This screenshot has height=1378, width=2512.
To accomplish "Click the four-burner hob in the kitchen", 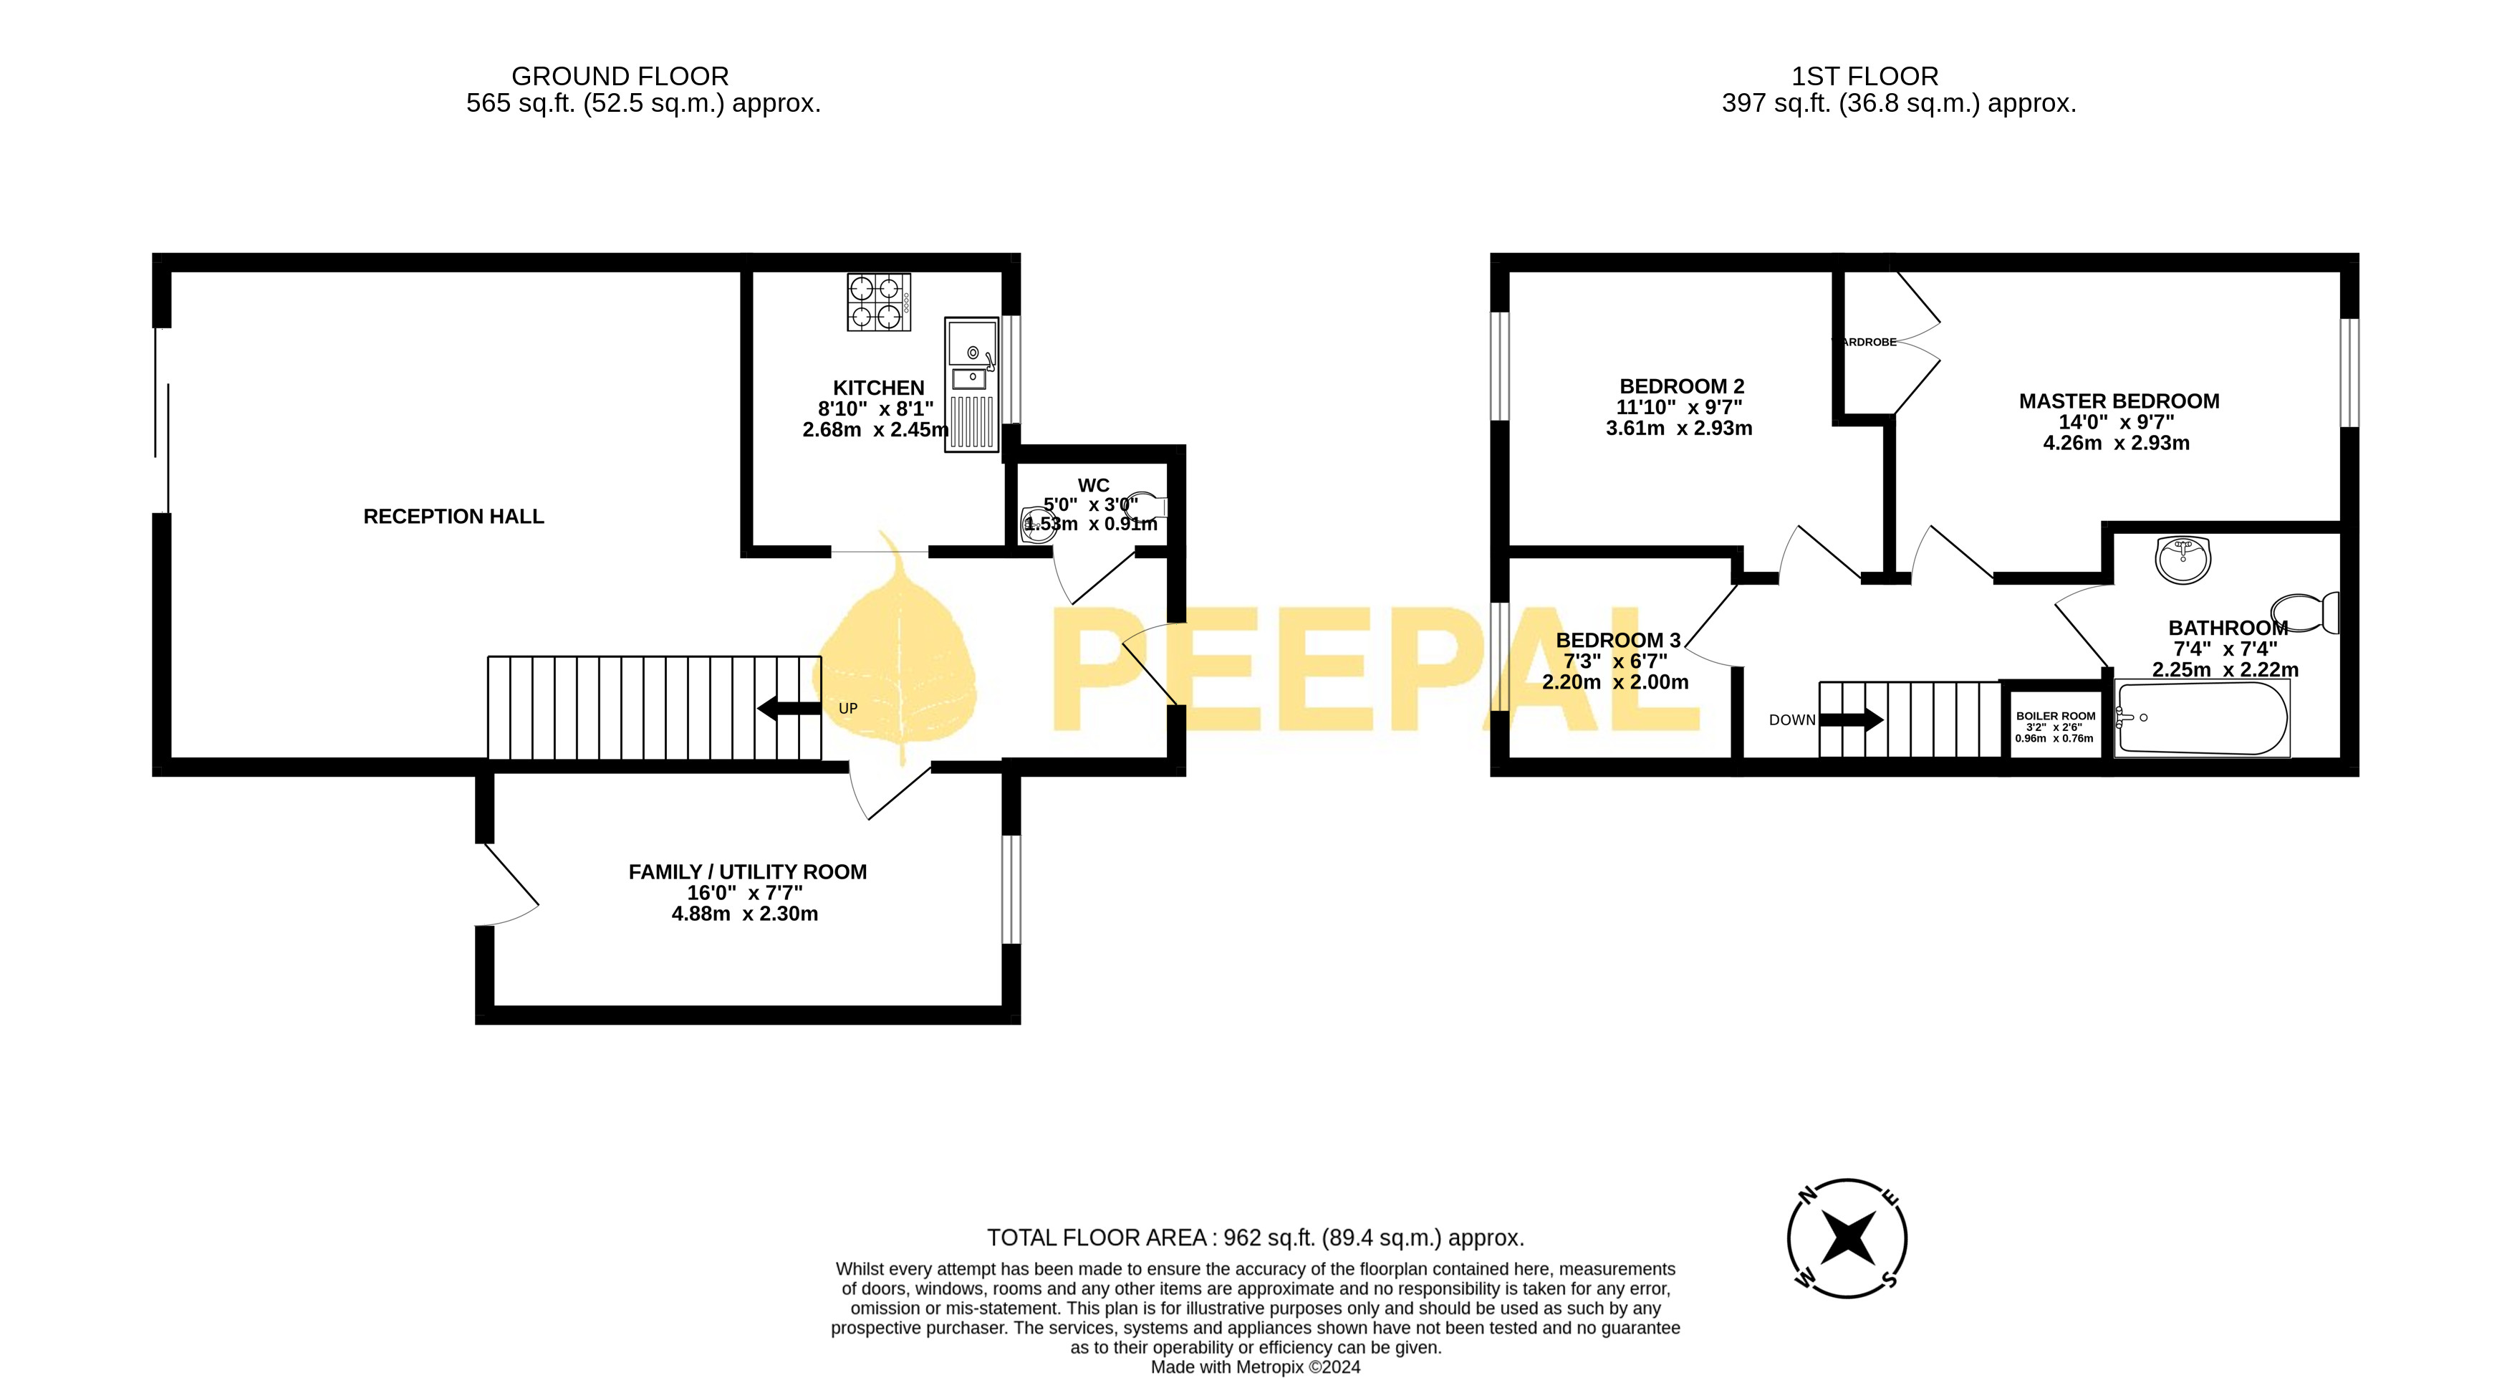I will pos(879,302).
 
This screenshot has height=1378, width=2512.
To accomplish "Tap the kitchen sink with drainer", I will pos(971,384).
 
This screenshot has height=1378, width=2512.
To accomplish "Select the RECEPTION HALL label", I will pos(453,517).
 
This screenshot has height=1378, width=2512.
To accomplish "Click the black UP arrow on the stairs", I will pos(788,708).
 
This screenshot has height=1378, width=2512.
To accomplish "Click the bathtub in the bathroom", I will pos(2202,719).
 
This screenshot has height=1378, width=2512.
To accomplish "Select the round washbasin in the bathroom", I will pos(2183,560).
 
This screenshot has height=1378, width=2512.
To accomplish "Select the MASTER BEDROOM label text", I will pos(2118,401).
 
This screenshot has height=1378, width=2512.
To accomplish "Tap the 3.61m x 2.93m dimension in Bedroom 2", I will pos(1678,428).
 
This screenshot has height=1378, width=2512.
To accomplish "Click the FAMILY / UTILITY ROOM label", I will pos(747,872).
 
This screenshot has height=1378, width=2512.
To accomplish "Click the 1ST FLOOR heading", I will pos(1864,76).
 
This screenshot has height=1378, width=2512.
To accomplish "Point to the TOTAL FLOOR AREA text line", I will pos(1255,1238).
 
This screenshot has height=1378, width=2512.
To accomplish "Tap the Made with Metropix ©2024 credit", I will pos(1255,1367).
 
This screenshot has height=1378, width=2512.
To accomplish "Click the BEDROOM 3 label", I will pos(1618,641).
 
